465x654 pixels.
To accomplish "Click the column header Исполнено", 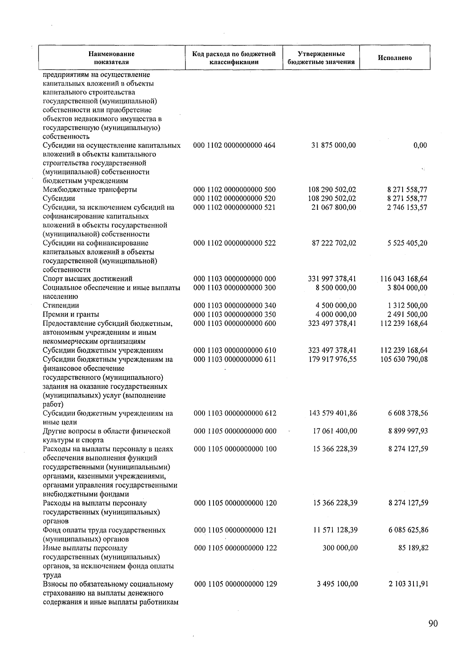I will pos(394,58).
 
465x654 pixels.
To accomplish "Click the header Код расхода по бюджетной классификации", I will pos(234,58).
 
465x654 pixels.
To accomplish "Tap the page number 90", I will pos(433,623).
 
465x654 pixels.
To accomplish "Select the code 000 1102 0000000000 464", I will pos(234,146).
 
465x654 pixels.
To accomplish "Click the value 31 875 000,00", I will pos(334,146).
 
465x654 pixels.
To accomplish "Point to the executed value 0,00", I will pos(420,146).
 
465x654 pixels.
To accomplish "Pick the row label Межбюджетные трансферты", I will pos(90,190).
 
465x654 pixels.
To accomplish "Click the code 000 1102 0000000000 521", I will pos(234,207).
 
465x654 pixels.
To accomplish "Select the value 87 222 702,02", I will pos(334,243).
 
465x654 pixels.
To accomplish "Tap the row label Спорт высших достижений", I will pos(88,279).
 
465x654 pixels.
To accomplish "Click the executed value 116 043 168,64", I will pos(404,279).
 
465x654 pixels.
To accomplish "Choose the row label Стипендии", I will pos(61,305).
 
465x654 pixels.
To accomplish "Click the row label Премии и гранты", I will pos(71,314).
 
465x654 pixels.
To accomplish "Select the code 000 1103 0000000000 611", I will pos(235,359).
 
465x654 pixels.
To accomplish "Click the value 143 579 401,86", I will pos(333,413).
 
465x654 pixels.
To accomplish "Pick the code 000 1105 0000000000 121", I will pos(235,530).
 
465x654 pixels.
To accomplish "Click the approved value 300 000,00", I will pos(340,548).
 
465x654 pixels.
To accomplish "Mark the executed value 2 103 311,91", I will pos(408,584).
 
